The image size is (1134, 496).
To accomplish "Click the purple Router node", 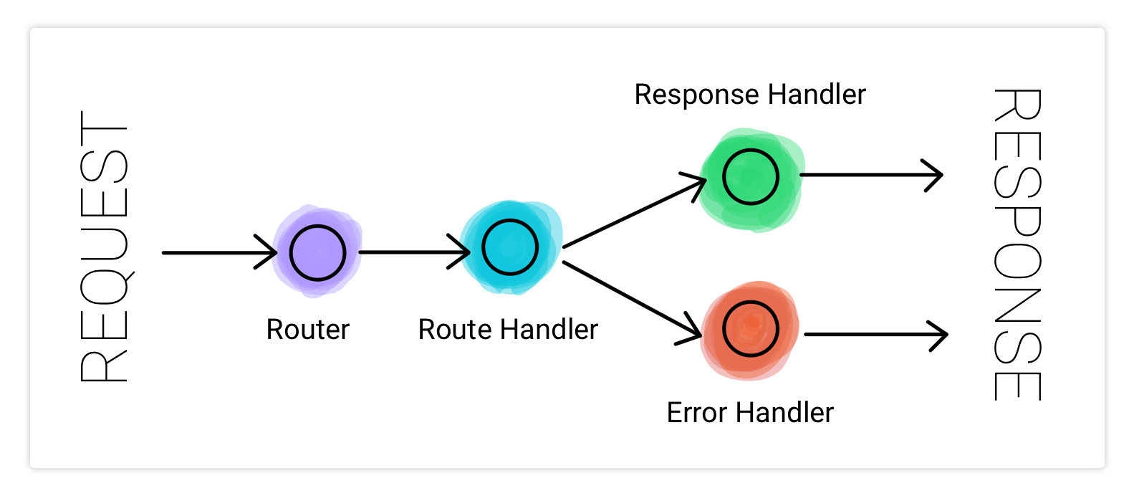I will click(x=317, y=252).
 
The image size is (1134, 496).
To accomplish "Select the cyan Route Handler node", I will click(x=510, y=247).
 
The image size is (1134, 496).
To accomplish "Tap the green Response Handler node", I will click(x=751, y=177).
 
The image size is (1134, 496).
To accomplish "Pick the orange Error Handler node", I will click(x=750, y=329).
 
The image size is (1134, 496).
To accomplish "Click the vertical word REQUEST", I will click(x=105, y=247).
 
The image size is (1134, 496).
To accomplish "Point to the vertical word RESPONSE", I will click(x=1017, y=244).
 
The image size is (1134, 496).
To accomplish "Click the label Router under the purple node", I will click(x=308, y=330).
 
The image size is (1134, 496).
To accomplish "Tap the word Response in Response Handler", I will click(x=696, y=95).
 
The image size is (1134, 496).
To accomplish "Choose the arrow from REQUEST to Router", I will click(x=215, y=252).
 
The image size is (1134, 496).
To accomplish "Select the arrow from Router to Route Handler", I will click(x=408, y=252).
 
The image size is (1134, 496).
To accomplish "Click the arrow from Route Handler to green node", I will click(x=630, y=214).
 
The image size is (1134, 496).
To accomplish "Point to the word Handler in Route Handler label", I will click(x=549, y=330).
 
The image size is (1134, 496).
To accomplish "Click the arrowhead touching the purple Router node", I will click(x=269, y=252).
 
